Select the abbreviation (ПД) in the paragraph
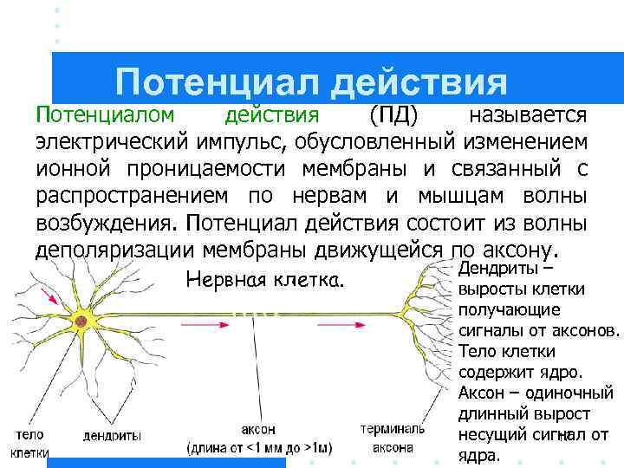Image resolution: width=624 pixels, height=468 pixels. click(x=394, y=115)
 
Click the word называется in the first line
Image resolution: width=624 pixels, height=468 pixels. click(x=527, y=115)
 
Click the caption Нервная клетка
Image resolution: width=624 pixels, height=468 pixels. click(x=265, y=281)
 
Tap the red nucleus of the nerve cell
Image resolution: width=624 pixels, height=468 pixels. click(x=80, y=320)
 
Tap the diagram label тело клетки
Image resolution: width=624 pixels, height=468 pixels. click(x=29, y=442)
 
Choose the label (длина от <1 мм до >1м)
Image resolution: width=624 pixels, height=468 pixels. click(x=260, y=447)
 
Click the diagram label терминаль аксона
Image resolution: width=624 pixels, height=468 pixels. click(x=393, y=438)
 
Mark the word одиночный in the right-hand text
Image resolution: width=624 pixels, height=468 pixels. click(x=568, y=392)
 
